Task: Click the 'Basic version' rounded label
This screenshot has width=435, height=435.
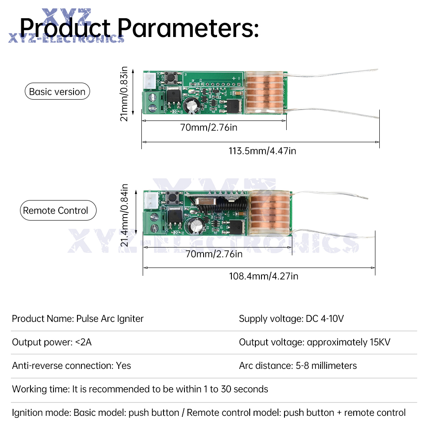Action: click(x=57, y=91)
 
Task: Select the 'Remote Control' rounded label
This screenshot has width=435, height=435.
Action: click(x=58, y=210)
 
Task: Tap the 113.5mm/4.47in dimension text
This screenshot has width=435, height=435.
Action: click(x=262, y=151)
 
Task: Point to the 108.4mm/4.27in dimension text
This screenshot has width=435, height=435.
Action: click(x=264, y=276)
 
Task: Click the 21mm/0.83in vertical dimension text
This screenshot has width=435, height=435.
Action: click(x=124, y=94)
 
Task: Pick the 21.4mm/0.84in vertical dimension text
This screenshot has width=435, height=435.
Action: click(x=124, y=215)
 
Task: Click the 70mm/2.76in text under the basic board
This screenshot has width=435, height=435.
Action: click(x=209, y=127)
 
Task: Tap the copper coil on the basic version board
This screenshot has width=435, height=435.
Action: click(x=264, y=92)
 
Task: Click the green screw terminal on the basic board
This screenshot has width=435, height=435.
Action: click(x=153, y=103)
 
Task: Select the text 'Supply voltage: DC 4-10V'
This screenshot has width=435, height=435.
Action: click(x=291, y=318)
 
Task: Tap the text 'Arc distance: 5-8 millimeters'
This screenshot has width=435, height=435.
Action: click(x=298, y=366)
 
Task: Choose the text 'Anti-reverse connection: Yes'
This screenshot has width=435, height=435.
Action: click(x=71, y=366)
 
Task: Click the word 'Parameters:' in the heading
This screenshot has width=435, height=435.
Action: click(x=188, y=28)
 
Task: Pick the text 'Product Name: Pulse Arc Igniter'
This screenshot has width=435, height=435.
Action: click(x=78, y=318)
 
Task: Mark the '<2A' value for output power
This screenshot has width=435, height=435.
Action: click(x=83, y=342)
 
